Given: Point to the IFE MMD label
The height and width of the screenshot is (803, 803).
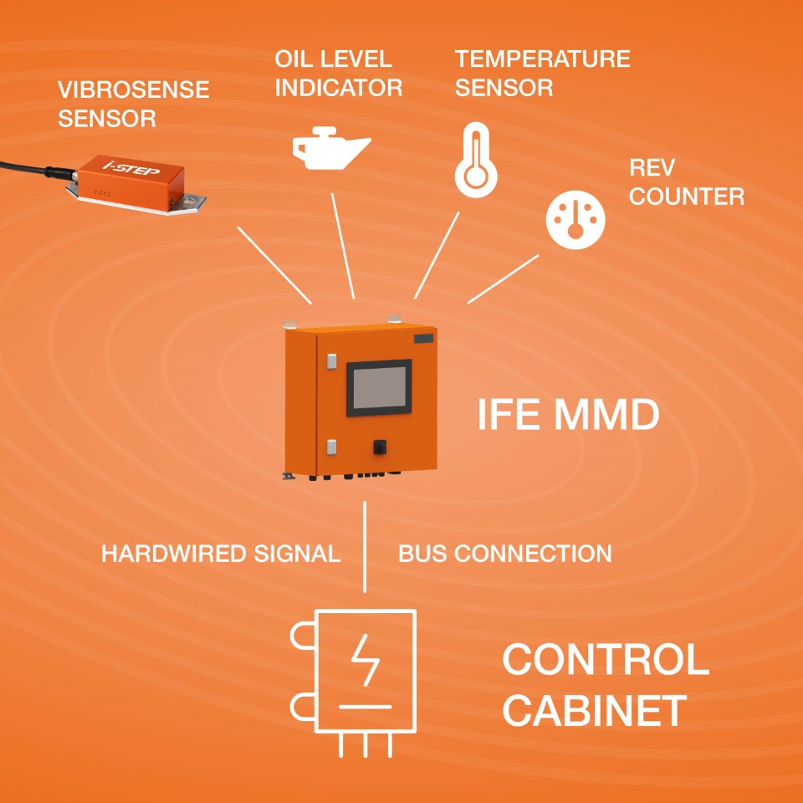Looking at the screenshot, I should click(x=568, y=414).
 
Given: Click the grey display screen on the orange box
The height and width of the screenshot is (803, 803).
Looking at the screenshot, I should click(x=379, y=387).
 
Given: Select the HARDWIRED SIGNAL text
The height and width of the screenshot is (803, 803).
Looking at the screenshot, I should click(x=221, y=554).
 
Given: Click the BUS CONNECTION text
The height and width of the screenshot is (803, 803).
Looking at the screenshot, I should click(x=504, y=554).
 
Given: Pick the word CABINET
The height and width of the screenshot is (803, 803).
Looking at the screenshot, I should click(x=595, y=711).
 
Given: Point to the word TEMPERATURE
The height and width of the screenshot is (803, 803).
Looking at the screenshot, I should click(x=542, y=59).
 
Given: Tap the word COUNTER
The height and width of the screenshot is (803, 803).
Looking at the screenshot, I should click(x=686, y=197).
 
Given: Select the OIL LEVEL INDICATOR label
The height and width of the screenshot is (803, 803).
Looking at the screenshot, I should click(x=338, y=73).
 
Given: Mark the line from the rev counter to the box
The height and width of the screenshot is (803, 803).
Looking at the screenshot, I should click(x=503, y=279).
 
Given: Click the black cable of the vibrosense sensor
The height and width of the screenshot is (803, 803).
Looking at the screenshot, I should click(x=25, y=166).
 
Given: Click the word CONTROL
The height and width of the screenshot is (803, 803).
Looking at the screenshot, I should click(x=605, y=660).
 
